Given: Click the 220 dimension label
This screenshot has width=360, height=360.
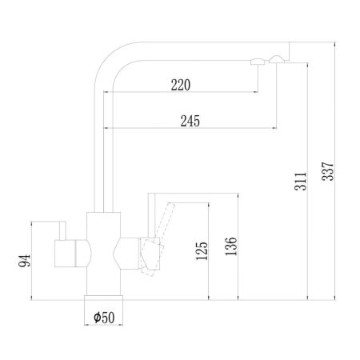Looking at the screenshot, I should pyautogui.click(x=181, y=86).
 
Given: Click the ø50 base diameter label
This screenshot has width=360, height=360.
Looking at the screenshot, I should pyautogui.click(x=104, y=317).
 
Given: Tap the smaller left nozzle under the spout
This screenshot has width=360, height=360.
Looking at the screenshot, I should pyautogui.click(x=257, y=63).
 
